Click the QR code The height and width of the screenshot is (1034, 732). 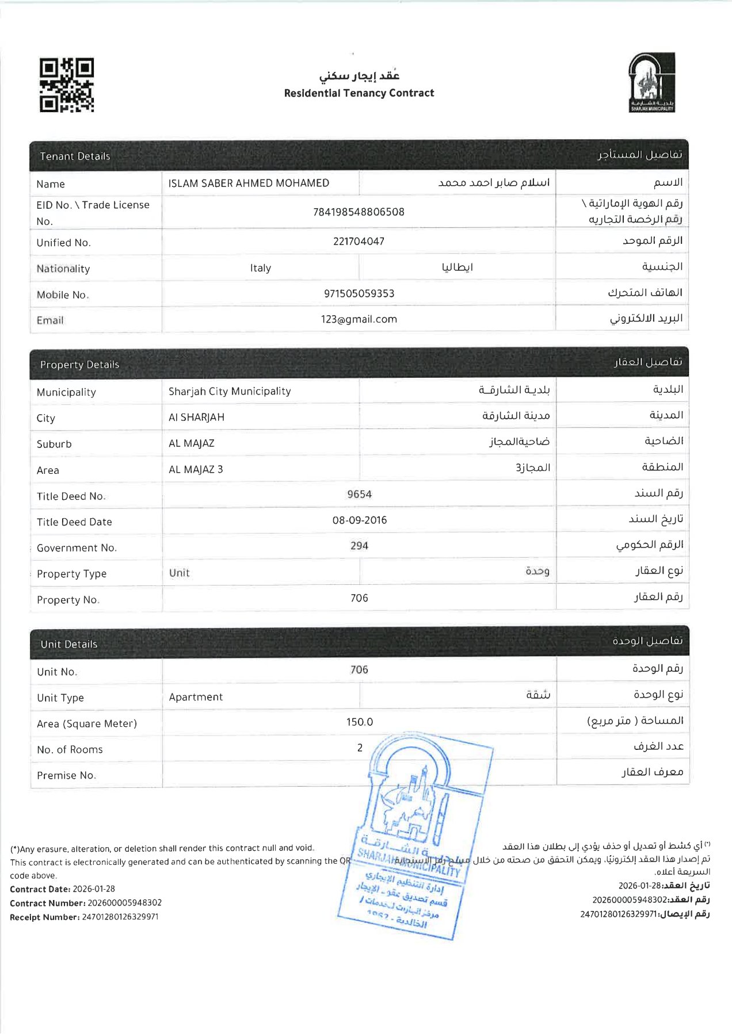67,85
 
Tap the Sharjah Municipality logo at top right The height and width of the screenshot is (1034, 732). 651,82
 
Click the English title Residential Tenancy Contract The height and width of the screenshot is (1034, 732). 359,93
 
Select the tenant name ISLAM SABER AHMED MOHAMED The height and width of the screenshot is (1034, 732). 249,183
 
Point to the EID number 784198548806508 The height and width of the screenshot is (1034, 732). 359,212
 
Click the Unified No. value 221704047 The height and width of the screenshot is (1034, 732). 359,242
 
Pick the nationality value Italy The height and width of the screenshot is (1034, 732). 260,268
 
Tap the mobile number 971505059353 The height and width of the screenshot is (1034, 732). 359,293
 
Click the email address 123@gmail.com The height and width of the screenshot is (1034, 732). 359,319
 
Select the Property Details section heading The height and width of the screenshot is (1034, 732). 79,365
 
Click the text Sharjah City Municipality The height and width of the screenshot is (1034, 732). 230,392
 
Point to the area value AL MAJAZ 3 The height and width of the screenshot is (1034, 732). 196,470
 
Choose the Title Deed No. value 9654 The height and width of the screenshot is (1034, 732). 359,495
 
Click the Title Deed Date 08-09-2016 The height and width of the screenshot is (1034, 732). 359,520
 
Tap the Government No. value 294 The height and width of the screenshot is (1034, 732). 359,546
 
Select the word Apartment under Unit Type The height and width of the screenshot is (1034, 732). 196,697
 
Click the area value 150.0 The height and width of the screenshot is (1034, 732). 359,722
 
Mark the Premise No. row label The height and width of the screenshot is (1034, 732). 66,775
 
